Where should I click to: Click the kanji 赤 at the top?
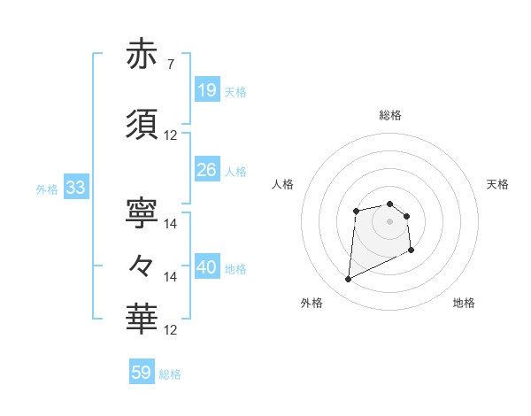[142, 55]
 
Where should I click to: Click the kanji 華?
[142, 317]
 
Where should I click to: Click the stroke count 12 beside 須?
[171, 135]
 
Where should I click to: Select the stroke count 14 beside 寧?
[171, 224]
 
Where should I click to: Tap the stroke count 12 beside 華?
[171, 329]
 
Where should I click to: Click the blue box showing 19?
[206, 90]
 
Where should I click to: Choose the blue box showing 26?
[206, 170]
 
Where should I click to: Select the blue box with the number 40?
[206, 267]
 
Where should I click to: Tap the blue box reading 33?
[74, 188]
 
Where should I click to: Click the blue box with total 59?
[141, 373]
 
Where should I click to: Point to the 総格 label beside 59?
[170, 374]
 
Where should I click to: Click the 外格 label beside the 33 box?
[46, 189]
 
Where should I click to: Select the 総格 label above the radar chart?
[389, 115]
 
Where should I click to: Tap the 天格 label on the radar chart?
[498, 184]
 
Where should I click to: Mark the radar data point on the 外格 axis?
[348, 280]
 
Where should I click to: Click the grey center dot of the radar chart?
[389, 220]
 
